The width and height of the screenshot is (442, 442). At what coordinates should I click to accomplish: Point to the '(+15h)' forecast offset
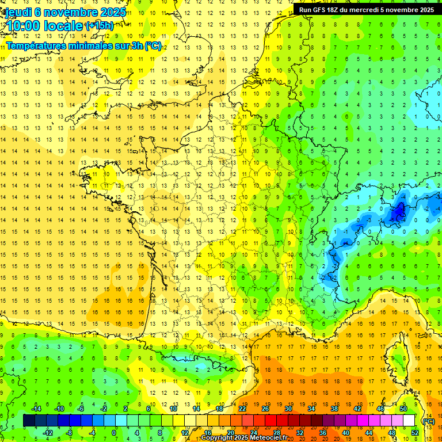(x=100, y=25)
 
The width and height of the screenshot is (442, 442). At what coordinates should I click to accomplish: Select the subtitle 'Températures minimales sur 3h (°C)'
(x=84, y=45)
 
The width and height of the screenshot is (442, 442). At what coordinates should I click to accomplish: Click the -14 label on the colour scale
(x=36, y=409)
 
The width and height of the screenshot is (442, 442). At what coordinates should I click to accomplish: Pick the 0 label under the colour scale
(x=114, y=433)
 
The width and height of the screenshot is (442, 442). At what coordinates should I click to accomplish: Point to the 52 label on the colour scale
(x=415, y=433)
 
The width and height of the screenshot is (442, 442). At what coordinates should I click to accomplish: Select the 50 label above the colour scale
(x=403, y=409)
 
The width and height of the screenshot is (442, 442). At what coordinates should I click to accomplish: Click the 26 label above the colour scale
(x=265, y=409)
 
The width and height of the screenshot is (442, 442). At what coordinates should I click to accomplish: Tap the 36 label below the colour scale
(x=323, y=433)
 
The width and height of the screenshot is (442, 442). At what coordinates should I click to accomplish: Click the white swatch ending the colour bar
(x=409, y=421)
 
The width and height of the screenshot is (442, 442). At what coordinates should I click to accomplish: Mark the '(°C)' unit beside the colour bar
(x=428, y=421)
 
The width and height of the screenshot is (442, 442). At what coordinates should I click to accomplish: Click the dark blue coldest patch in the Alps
(x=397, y=214)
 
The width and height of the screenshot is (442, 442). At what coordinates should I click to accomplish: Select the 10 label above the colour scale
(x=173, y=409)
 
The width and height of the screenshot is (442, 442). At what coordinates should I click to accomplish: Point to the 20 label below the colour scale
(x=231, y=433)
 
